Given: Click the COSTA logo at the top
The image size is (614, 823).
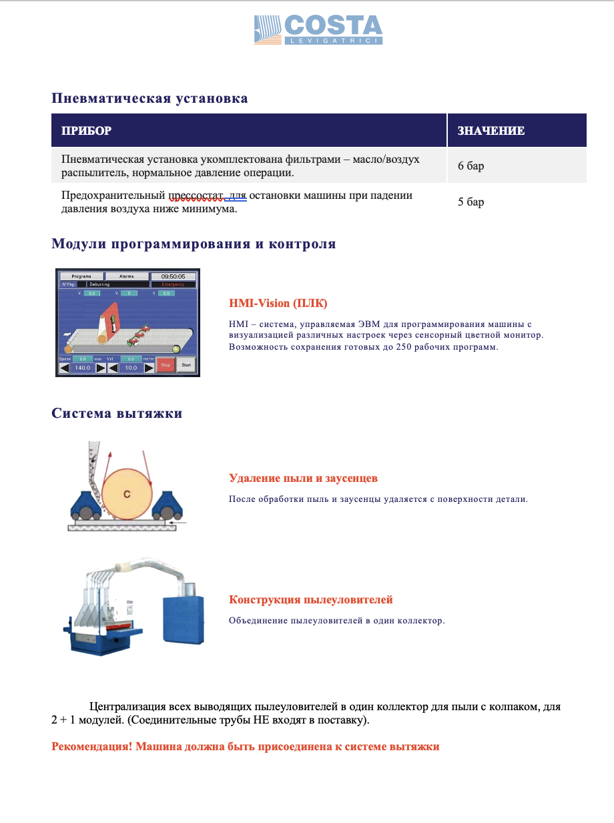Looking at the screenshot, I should pos(318,30).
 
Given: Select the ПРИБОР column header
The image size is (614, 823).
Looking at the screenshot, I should pos(86,131).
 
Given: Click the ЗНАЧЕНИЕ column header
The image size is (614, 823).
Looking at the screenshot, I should pos(491,131).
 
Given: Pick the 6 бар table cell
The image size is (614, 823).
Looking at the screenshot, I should pos(471,166).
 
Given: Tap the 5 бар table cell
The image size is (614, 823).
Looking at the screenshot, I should pos(471,202).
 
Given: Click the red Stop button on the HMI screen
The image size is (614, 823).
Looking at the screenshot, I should pos(166,365).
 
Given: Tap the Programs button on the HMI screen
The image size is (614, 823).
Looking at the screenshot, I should pos(81,276).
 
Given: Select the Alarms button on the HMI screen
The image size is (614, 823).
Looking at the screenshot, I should pos(126,276).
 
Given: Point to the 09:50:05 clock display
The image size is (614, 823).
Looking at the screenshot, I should pos(173,276).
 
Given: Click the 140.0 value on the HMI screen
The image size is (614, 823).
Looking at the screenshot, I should pos(83,367).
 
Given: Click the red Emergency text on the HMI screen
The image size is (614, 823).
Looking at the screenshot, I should pos(173,284).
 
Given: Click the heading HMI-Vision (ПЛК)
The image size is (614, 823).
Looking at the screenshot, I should pos(278,304).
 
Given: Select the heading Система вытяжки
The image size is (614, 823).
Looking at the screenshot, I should pos(117,413).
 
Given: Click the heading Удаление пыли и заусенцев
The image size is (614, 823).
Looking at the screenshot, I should pos(304,479).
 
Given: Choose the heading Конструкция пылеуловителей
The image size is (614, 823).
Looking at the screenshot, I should pos(311,599).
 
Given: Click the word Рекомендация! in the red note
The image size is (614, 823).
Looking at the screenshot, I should pos(91,746).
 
